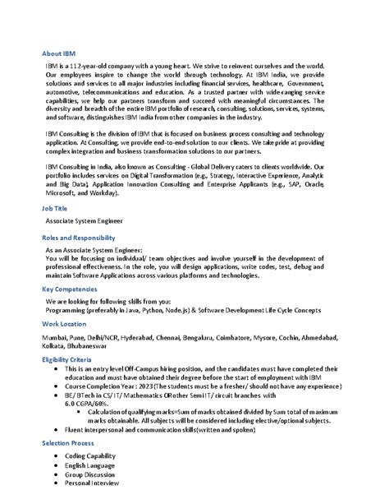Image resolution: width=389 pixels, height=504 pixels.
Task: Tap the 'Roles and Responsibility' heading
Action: [x=78, y=237]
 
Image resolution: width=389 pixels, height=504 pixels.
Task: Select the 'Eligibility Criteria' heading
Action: [x=72, y=360]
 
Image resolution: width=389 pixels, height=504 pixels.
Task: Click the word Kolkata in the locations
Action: [x=57, y=346]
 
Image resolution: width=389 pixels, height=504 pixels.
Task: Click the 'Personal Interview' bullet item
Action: [x=92, y=483]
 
